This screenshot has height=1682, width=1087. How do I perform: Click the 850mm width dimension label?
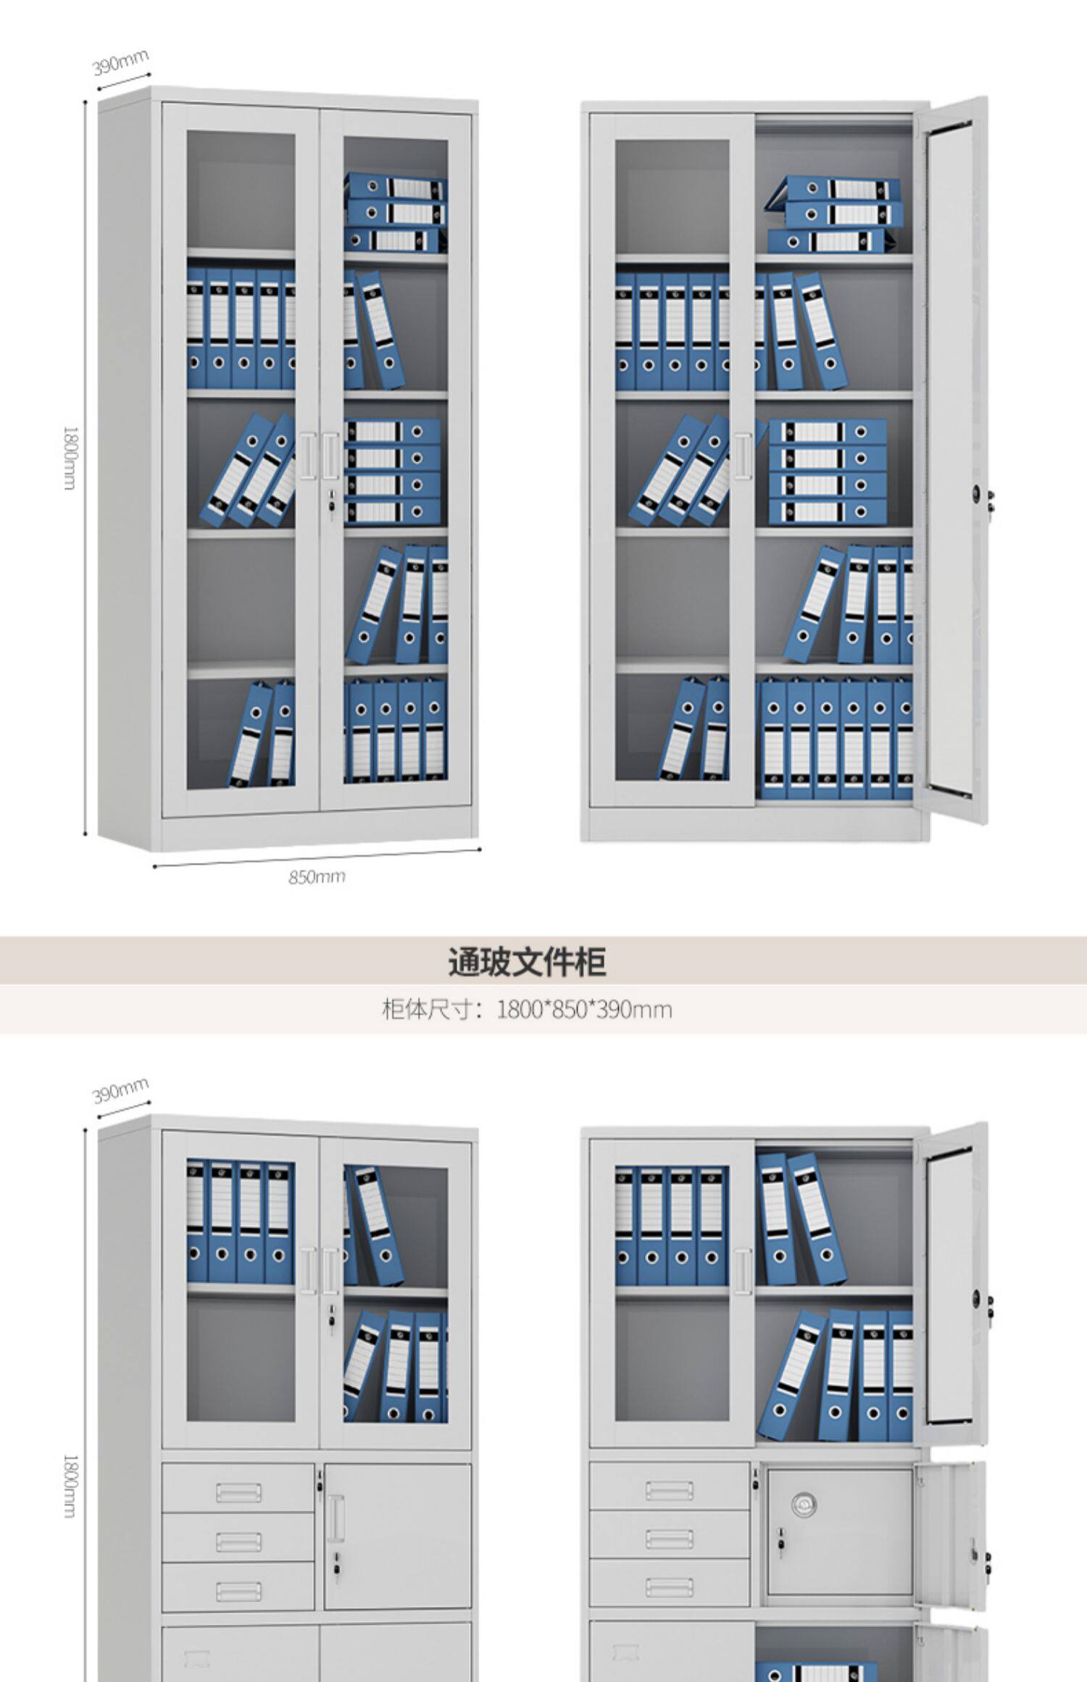pos(317,876)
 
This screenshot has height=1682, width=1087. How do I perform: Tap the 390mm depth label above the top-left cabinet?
pos(120,63)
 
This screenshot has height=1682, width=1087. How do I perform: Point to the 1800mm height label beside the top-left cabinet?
pos(70,458)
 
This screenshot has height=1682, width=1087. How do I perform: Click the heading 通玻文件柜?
pos(527,961)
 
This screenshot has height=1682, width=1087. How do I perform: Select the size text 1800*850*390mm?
pos(584,1009)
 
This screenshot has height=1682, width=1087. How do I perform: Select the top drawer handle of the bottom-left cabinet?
pos(238,1491)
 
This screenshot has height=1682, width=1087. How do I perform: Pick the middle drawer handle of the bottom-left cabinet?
pos(238,1541)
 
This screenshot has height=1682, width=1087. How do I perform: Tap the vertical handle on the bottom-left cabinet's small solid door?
pos(335,1518)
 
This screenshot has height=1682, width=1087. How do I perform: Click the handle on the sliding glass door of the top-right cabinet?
pos(742,456)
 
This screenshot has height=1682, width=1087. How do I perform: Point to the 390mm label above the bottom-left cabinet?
pos(120,1089)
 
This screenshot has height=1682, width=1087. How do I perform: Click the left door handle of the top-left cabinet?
pos(308,456)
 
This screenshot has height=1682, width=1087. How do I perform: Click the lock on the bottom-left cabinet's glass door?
pos(332,1314)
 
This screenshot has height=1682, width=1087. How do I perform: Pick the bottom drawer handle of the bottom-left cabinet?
pos(238,1591)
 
